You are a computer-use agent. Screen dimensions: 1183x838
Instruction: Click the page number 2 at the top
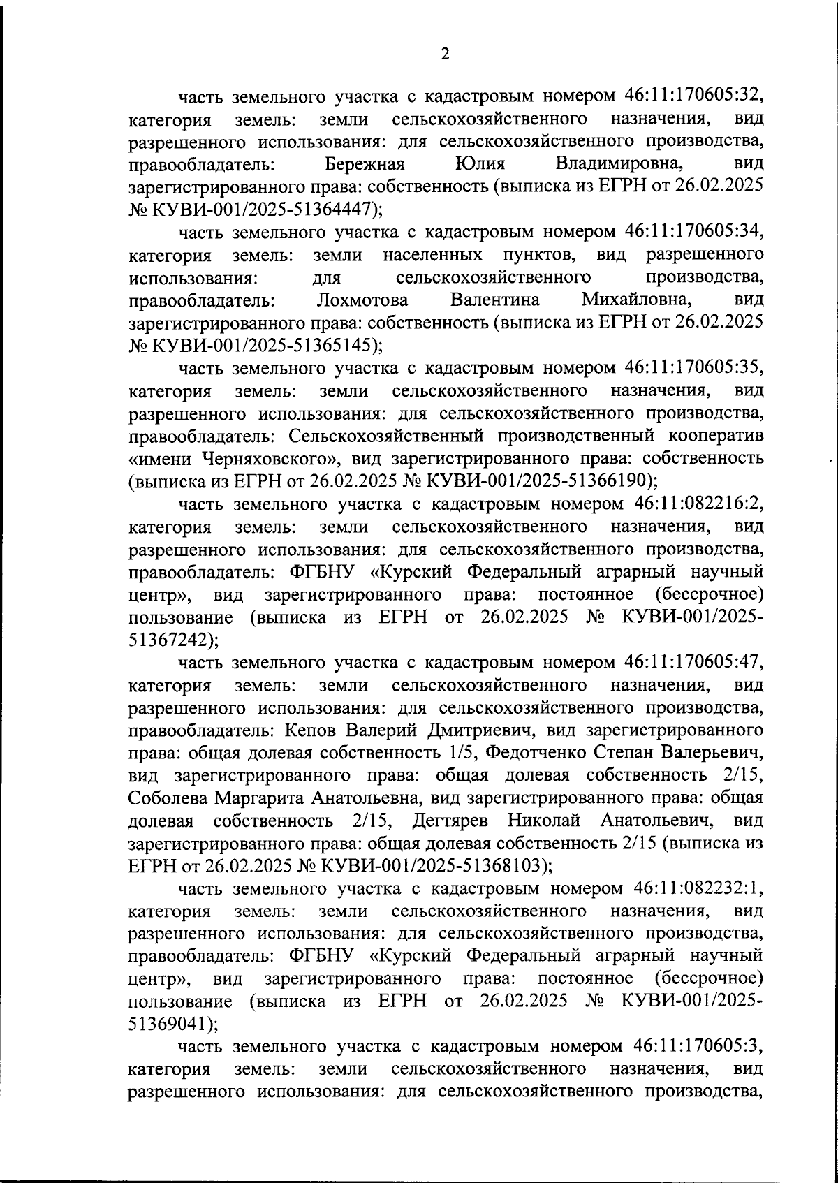pyautogui.click(x=445, y=54)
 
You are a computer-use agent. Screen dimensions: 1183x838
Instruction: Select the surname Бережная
pyautogui.click(x=366, y=164)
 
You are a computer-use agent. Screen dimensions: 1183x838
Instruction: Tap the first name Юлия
pyautogui.click(x=480, y=164)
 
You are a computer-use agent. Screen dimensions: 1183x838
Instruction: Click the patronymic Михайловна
pyautogui.click(x=637, y=300)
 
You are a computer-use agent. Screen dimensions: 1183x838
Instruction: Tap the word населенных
pyautogui.click(x=433, y=255)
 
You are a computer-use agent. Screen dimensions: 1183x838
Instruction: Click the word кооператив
pyautogui.click(x=711, y=436)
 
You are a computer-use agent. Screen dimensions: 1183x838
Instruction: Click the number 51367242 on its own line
pyautogui.click(x=168, y=640)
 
